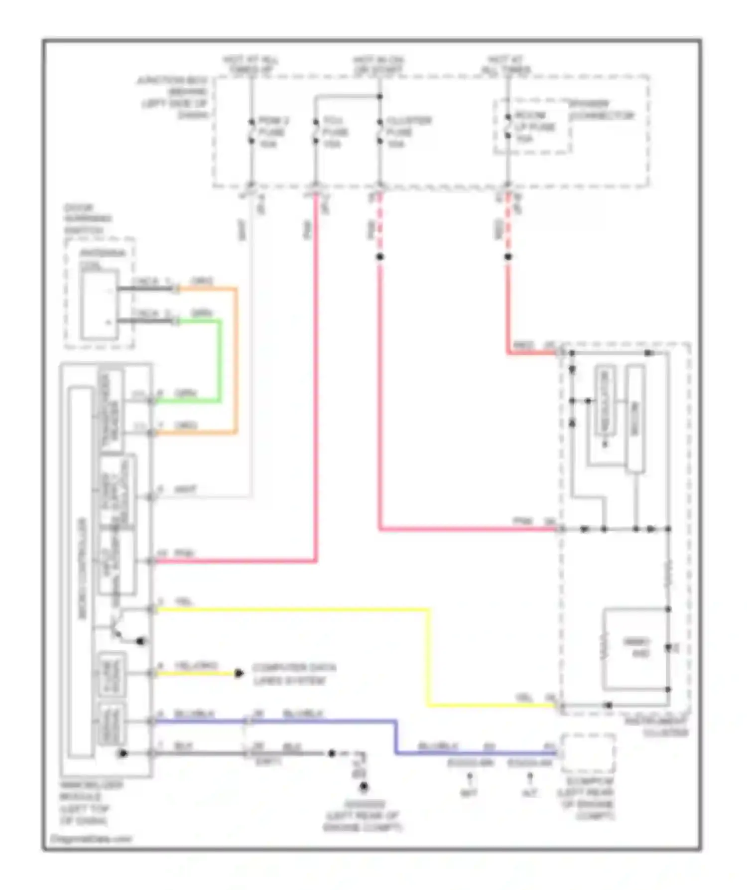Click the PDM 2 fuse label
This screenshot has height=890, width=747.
click(272, 132)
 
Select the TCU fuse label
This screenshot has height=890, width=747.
click(336, 132)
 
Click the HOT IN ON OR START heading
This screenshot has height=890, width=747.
click(378, 65)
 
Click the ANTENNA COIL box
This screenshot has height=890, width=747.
click(100, 304)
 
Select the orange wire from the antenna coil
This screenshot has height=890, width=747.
click(236, 359)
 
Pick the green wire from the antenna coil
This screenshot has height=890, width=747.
click(219, 359)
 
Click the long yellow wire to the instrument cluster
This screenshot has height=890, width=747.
click(428, 658)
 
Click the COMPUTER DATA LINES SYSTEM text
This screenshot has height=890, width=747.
click(294, 674)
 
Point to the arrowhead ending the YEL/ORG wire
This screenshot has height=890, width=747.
click(239, 673)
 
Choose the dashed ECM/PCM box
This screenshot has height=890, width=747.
click(588, 752)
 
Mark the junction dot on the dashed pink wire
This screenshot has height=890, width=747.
click(379, 257)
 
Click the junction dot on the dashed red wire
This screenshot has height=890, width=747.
click(508, 257)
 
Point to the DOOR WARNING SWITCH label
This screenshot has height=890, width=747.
click(87, 219)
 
